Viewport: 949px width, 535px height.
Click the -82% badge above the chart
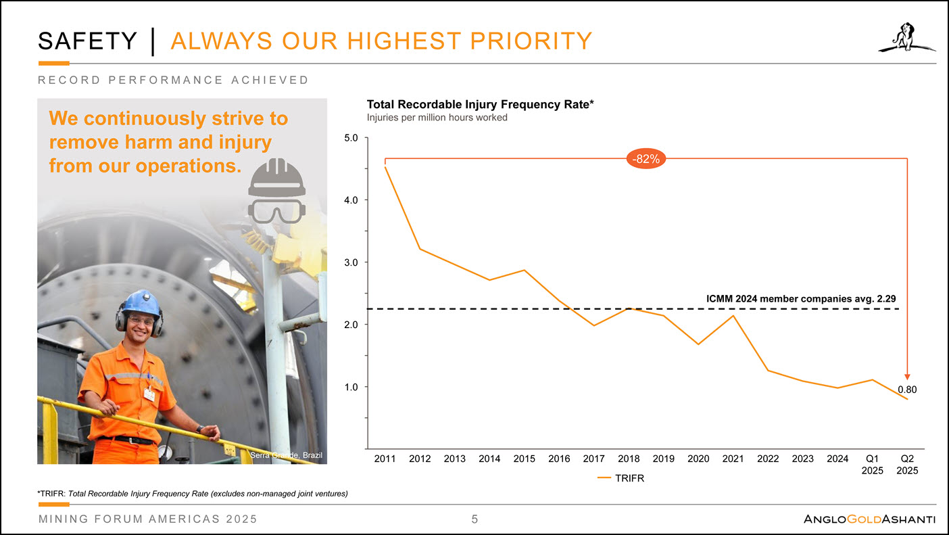coord(646,158)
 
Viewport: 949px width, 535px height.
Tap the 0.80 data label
coord(907,390)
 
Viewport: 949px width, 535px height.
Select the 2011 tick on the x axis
coord(385,459)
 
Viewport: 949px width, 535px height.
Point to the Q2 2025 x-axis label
coord(907,465)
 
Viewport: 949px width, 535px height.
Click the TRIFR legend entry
coord(621,478)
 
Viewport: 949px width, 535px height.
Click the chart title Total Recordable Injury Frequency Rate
coord(480,105)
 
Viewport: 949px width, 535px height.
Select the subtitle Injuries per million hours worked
coord(437,118)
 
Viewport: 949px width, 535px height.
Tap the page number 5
coord(474,519)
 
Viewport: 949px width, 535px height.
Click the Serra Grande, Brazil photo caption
coord(287,456)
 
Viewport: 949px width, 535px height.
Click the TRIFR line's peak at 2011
coord(385,166)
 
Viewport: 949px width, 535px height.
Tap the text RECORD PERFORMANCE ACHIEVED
coord(173,80)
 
